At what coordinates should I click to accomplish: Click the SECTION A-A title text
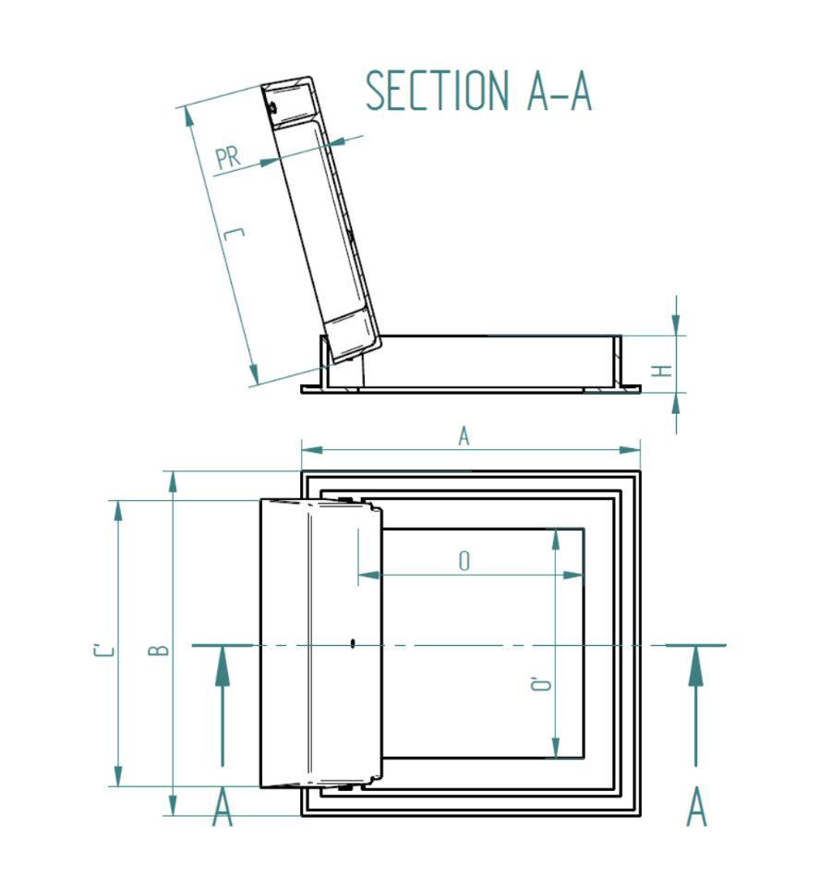click(478, 91)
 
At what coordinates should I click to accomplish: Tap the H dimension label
click(662, 371)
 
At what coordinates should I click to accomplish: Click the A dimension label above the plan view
click(464, 437)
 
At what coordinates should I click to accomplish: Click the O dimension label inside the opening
click(464, 561)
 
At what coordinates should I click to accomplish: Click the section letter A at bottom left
click(223, 809)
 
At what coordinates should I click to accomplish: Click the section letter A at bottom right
click(697, 809)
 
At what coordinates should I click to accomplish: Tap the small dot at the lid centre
click(354, 645)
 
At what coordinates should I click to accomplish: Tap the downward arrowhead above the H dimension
click(677, 324)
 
